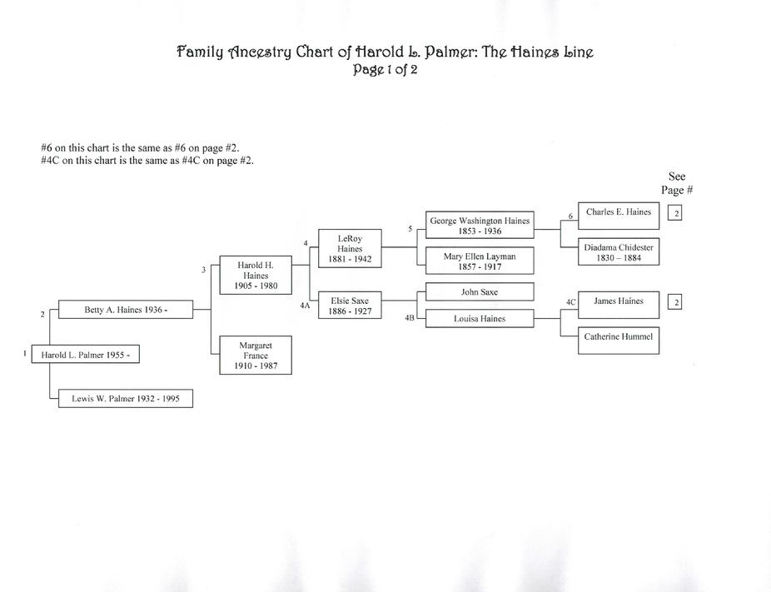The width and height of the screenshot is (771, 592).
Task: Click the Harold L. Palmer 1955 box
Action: (85, 354)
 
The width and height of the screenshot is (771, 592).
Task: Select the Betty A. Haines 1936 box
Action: (126, 309)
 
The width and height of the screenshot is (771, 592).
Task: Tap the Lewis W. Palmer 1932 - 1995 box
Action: (126, 398)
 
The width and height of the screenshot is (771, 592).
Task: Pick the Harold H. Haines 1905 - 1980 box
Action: (256, 275)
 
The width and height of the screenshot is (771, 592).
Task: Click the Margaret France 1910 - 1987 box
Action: (256, 355)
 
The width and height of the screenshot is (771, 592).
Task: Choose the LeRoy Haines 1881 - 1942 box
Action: (350, 248)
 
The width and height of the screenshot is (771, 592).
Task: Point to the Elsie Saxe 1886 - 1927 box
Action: (350, 306)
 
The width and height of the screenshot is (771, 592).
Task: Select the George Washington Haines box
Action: (480, 225)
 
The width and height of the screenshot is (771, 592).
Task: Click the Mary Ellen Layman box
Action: (480, 261)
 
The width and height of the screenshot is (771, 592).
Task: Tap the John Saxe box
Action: (480, 291)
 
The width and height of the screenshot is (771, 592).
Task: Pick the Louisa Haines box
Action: (480, 318)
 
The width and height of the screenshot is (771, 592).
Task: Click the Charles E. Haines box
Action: (619, 216)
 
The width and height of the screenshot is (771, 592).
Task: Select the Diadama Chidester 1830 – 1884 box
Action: (619, 251)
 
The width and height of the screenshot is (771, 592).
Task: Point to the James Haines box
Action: (619, 305)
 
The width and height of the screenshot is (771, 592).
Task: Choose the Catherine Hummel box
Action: (619, 341)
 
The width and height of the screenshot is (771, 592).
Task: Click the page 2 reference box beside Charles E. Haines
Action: (674, 213)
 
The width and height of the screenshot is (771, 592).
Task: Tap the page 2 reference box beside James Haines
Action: (674, 302)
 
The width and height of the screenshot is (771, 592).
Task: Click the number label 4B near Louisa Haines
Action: (410, 318)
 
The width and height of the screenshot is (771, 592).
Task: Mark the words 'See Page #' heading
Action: (677, 183)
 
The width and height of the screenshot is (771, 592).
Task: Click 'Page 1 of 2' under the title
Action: (385, 69)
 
